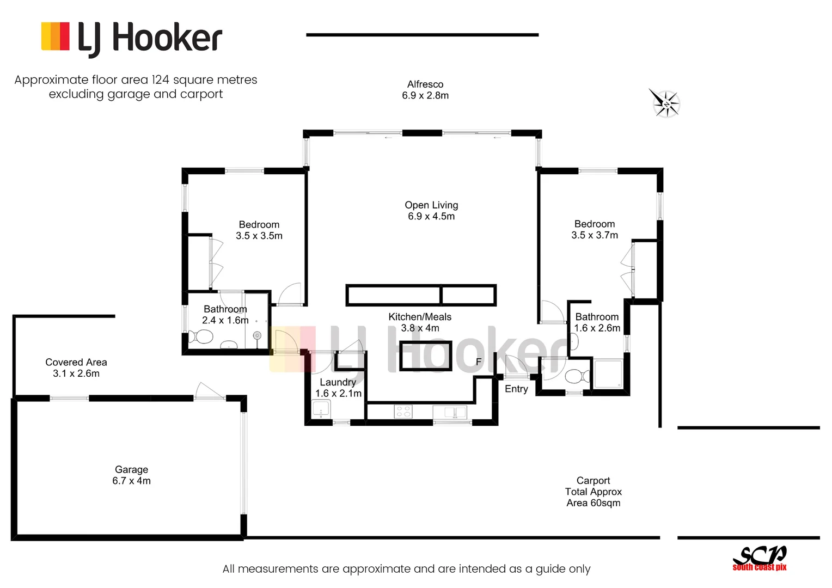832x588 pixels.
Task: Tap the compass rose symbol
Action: [665, 103]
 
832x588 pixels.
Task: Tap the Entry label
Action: [516, 389]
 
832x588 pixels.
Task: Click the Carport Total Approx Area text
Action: [594, 492]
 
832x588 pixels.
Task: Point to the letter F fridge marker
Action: [479, 362]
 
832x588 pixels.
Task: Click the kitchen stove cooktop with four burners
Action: [403, 412]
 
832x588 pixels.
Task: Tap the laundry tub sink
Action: [321, 408]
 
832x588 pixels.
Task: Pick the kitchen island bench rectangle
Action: [425, 356]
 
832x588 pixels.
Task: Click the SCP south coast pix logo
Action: [760, 558]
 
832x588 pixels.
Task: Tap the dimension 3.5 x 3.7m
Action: [595, 235]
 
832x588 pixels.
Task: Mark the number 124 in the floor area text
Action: [161, 80]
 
